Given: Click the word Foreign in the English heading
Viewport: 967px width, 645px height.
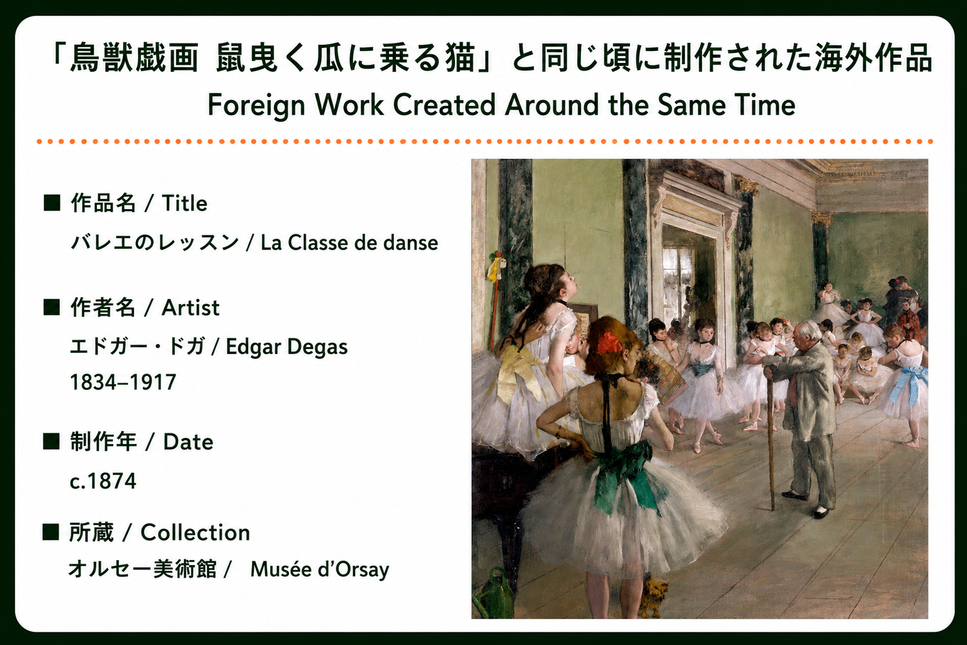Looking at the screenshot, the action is click(256, 106).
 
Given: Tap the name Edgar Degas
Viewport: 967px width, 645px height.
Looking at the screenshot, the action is click(286, 347).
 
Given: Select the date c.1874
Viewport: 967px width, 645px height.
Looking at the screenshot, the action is click(103, 481).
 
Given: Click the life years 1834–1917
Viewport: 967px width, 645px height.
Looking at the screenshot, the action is click(123, 382).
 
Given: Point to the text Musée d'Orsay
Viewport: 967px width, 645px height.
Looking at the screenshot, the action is click(320, 570).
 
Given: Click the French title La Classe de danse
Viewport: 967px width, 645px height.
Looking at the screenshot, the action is click(349, 243).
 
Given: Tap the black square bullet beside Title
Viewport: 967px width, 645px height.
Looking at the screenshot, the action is click(52, 203).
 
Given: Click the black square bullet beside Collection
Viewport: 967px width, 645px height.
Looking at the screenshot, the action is click(50, 532).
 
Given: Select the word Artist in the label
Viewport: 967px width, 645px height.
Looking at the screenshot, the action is click(190, 308).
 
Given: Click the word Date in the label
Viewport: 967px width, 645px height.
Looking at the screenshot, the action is click(188, 442).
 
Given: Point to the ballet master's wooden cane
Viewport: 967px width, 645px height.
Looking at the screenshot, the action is click(770, 437).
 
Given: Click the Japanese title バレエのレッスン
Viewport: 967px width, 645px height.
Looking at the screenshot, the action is click(154, 243).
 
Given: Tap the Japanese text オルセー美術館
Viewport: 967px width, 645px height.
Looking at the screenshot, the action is click(142, 569).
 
